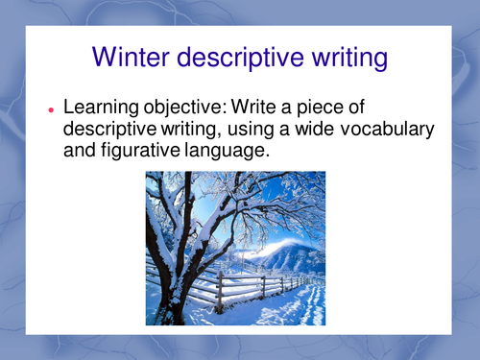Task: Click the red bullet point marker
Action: [x=50, y=110]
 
